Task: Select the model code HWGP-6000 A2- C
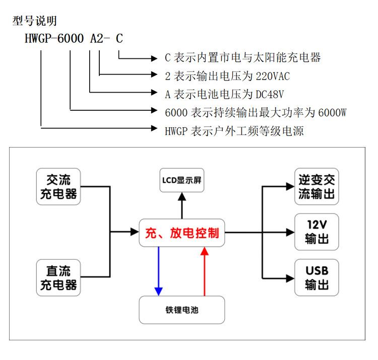click(x=74, y=39)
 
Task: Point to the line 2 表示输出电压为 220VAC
click(x=227, y=76)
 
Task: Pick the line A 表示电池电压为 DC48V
click(x=225, y=94)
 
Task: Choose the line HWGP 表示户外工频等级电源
click(x=234, y=131)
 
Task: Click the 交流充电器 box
click(x=58, y=187)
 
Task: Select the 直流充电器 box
click(x=58, y=277)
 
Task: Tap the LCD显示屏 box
click(x=182, y=180)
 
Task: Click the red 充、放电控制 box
click(x=182, y=233)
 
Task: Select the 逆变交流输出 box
click(x=317, y=187)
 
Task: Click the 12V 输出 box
click(x=317, y=232)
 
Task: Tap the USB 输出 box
click(x=317, y=277)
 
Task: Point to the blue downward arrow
click(x=158, y=272)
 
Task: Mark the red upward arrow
click(x=204, y=272)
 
